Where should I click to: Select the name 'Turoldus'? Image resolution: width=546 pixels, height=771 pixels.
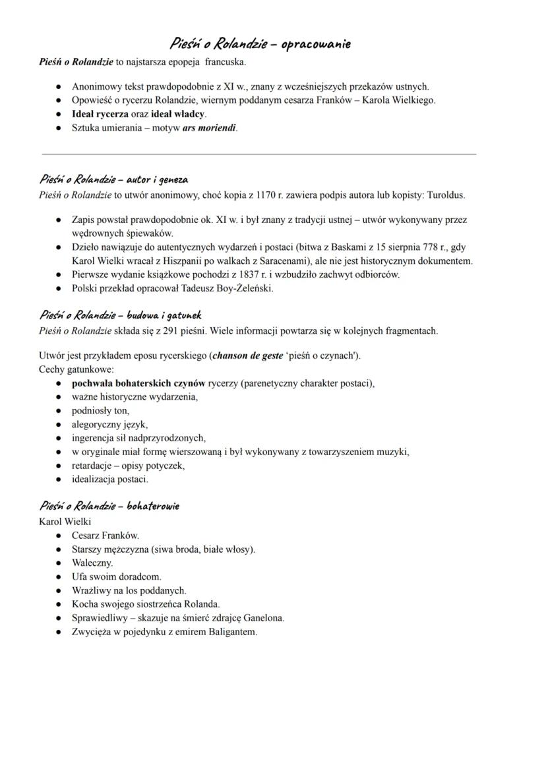[x=446, y=195]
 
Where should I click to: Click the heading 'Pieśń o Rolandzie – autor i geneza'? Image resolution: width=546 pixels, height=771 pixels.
[x=113, y=180]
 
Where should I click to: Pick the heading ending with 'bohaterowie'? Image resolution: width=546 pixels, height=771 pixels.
[x=109, y=507]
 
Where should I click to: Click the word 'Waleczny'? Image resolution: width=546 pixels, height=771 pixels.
[x=92, y=563]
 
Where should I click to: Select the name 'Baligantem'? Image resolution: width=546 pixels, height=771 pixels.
[x=233, y=632]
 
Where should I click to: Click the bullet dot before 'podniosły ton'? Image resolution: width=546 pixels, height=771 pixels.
[x=59, y=411]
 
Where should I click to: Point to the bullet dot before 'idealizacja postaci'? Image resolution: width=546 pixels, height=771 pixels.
[x=59, y=479]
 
